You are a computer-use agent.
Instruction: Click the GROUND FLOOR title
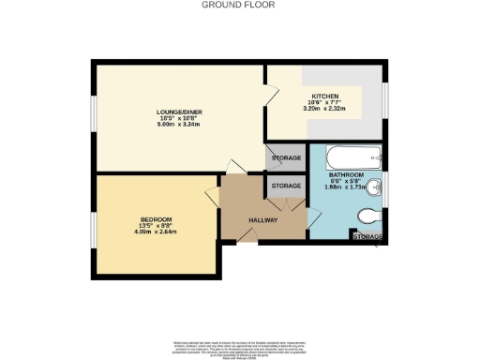(x=239, y=5)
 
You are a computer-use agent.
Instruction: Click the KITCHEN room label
(x=324, y=97)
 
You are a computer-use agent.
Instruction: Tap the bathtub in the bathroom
(x=345, y=157)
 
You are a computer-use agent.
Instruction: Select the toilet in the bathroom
(x=368, y=216)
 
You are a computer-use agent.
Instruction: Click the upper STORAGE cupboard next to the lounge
(x=286, y=158)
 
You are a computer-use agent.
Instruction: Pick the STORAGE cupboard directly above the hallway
(x=286, y=186)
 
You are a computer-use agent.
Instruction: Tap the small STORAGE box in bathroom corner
(x=367, y=237)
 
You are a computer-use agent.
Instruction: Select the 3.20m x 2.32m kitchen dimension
(x=324, y=110)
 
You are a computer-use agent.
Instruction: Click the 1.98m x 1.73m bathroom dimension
(x=346, y=187)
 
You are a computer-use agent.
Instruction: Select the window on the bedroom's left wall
(x=93, y=222)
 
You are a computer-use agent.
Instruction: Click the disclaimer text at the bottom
(x=239, y=346)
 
